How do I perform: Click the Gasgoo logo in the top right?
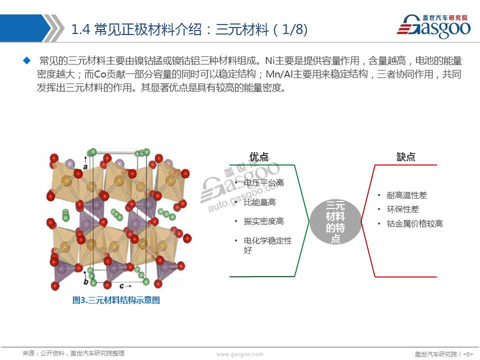tap(434, 26)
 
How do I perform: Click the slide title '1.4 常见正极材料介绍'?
tap(136, 29)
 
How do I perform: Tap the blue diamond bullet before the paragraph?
tap(27, 60)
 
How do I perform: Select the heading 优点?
tap(259, 156)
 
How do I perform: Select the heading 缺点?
tap(405, 156)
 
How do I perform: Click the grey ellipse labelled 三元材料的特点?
tap(335, 221)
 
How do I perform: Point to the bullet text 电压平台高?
tap(264, 183)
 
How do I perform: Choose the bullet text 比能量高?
tap(260, 202)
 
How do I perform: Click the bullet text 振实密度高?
tap(264, 221)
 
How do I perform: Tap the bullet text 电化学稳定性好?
tap(268, 245)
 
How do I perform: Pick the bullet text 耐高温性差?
tap(407, 195)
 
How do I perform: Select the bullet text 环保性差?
tap(403, 209)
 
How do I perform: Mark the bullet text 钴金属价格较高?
tap(415, 224)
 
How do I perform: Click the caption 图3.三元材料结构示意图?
tap(116, 300)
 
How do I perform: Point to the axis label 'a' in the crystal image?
tap(85, 167)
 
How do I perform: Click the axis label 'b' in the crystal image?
tap(86, 281)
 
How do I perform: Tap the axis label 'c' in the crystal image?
tap(121, 286)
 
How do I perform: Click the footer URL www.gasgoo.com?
tap(239, 354)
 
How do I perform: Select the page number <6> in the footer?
tap(468, 354)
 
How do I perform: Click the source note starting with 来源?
tap(73, 353)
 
